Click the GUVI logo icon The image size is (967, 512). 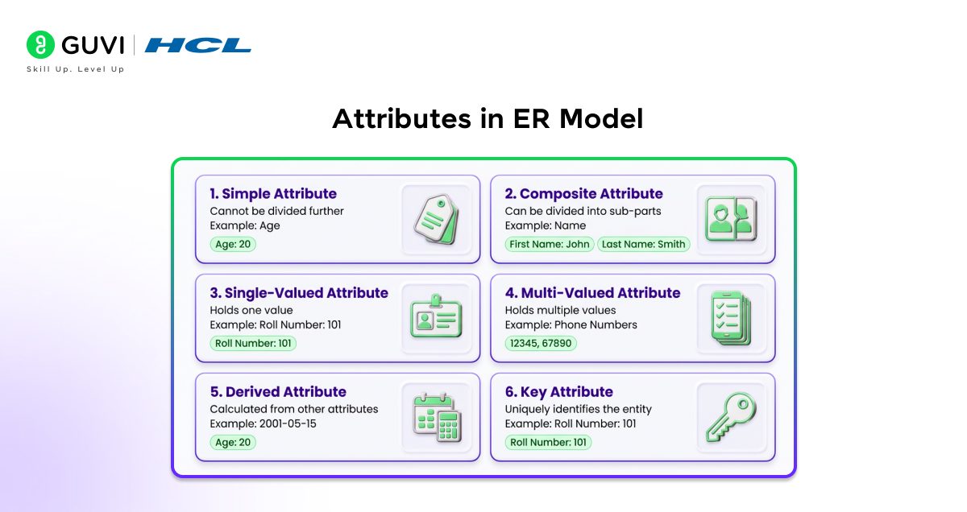click(40, 46)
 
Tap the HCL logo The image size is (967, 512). click(198, 46)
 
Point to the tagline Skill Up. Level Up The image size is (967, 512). click(76, 70)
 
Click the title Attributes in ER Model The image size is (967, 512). click(488, 119)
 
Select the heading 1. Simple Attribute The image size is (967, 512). click(273, 194)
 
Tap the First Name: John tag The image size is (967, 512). click(550, 244)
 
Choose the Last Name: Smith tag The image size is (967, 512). click(643, 244)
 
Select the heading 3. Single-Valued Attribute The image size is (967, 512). click(299, 293)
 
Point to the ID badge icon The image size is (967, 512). click(435, 318)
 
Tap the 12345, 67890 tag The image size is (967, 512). click(541, 343)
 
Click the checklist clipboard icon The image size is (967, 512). click(730, 318)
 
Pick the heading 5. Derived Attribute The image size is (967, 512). click(278, 392)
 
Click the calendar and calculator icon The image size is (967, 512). click(435, 416)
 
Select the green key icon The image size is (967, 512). click(730, 416)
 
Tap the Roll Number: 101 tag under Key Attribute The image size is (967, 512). click(548, 442)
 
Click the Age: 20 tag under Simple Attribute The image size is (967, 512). click(233, 244)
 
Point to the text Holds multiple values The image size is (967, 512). click(560, 310)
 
